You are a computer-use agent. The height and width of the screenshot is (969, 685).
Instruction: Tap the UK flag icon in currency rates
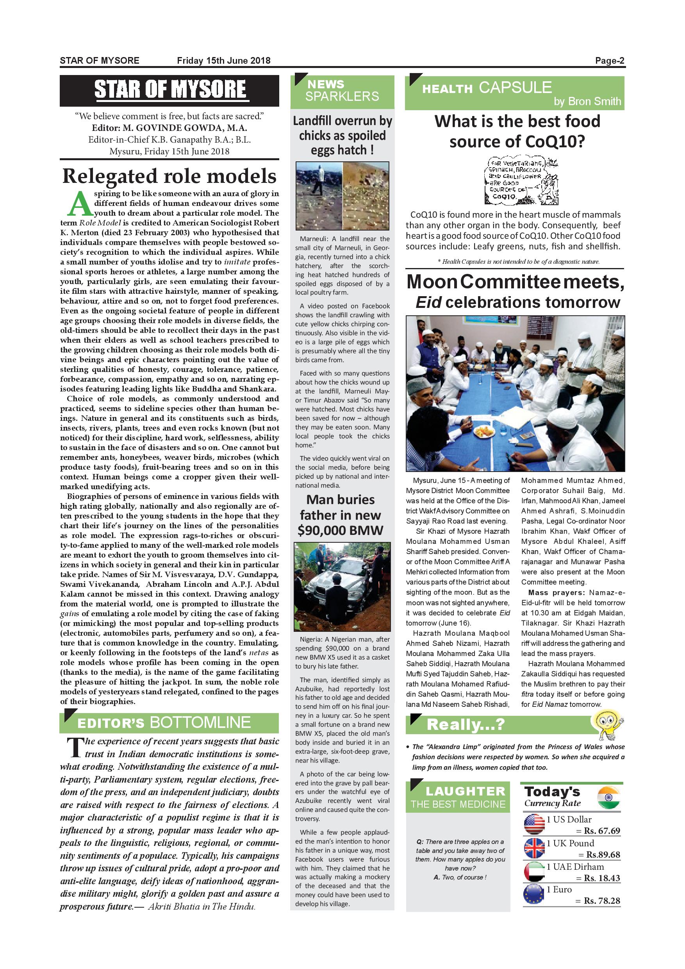coord(533,848)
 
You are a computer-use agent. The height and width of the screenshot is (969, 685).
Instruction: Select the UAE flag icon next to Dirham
coord(533,871)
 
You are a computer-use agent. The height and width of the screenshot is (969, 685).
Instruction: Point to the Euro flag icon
coord(533,894)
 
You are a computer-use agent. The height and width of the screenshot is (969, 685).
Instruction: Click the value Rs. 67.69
coord(602,831)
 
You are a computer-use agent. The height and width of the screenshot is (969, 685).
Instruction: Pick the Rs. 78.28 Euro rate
coord(602,901)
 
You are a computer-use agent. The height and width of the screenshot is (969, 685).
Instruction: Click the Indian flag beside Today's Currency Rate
coord(609,797)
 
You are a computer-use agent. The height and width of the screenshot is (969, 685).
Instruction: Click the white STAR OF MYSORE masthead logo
coord(169,90)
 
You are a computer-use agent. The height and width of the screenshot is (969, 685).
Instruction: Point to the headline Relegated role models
coord(169,176)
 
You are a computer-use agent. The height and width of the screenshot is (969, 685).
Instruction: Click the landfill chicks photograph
coord(342,195)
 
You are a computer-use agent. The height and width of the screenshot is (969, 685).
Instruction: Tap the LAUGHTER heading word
coord(465,791)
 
